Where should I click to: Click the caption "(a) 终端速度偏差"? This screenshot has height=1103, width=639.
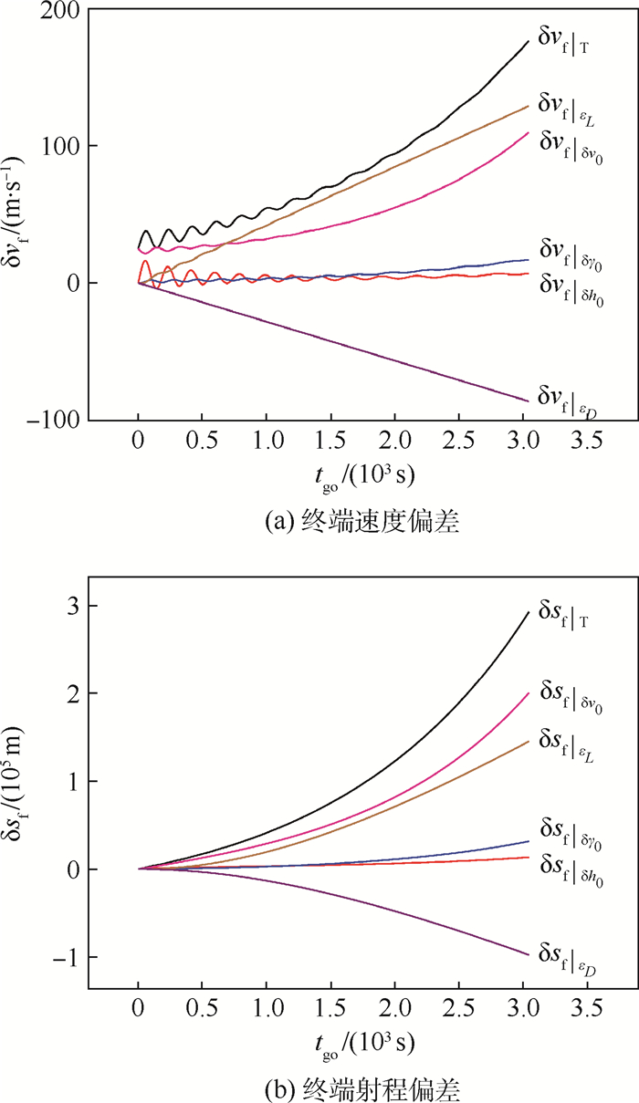[358, 521]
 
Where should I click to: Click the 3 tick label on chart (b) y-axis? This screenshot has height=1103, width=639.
[68, 607]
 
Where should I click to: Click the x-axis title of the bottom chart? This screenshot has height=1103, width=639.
[358, 1041]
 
